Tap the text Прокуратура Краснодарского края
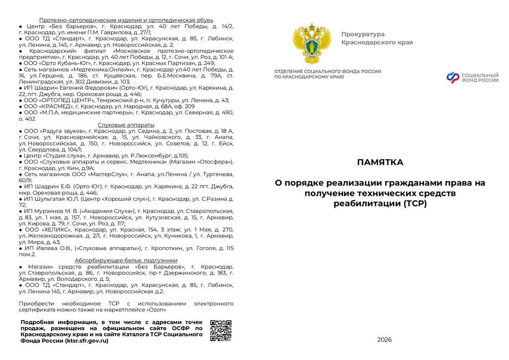click(x=376, y=38)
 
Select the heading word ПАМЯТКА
click(x=380, y=162)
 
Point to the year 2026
click(x=384, y=340)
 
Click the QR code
click(x=221, y=331)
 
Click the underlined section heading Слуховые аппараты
click(x=126, y=124)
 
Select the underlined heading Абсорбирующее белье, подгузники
click(x=126, y=260)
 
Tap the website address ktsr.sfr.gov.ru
click(x=86, y=341)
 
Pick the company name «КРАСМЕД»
click(x=59, y=106)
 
